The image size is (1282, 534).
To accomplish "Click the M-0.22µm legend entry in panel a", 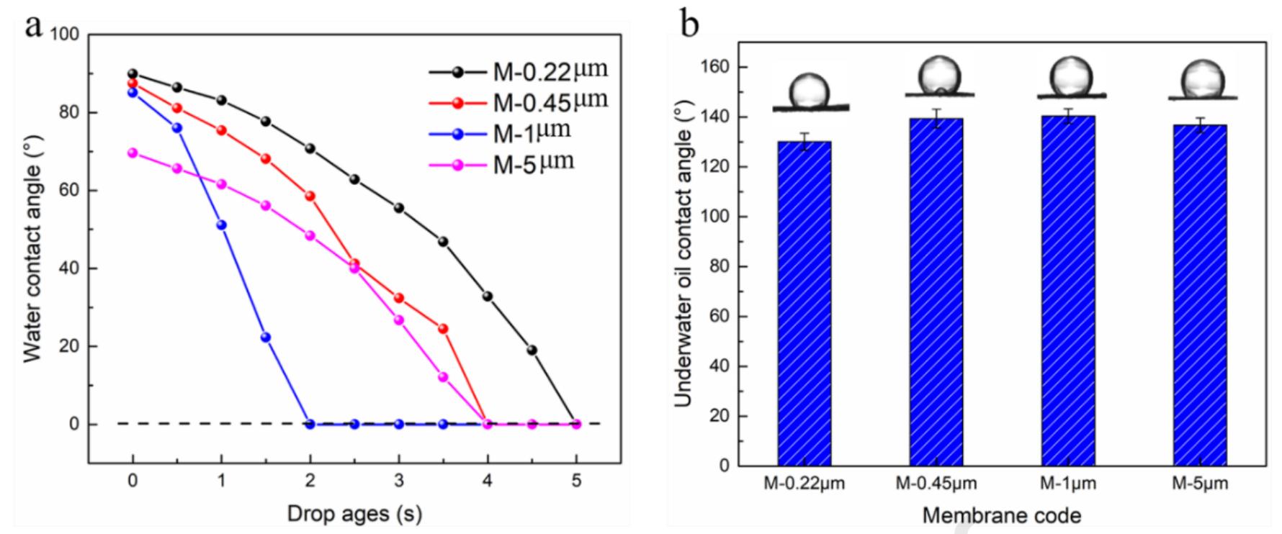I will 518,71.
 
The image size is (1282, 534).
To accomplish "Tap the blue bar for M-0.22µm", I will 804,302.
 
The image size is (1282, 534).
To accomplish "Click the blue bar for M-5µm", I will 1199,295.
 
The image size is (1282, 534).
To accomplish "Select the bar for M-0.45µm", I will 936,291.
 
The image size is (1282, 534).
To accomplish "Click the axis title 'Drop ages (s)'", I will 354,513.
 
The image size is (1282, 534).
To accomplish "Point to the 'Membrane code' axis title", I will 1001,515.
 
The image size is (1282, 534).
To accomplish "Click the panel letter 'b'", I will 690,25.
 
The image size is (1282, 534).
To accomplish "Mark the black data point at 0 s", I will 133,73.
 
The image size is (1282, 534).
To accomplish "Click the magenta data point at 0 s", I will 133,153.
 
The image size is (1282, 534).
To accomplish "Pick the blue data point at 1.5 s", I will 266,338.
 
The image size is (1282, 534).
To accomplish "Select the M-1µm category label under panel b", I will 1067,484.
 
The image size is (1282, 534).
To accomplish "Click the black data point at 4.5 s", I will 532,350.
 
